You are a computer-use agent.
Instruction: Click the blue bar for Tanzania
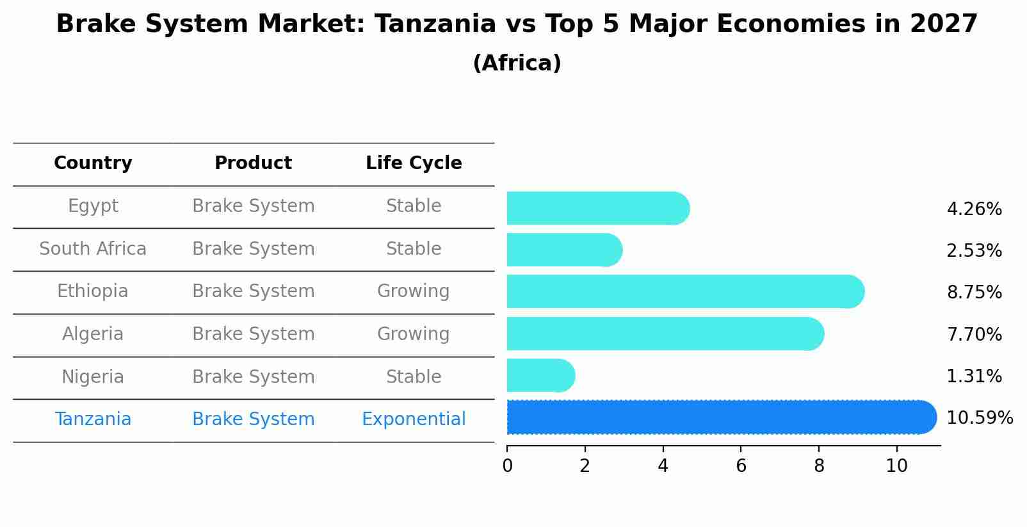pyautogui.click(x=720, y=417)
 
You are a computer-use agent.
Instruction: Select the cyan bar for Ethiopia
pyautogui.click(x=685, y=291)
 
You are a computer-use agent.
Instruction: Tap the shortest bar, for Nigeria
pyautogui.click(x=540, y=375)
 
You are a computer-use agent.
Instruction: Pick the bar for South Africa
pyautogui.click(x=563, y=250)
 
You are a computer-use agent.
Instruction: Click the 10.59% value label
pyautogui.click(x=979, y=418)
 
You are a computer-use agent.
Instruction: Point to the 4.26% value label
pyautogui.click(x=974, y=209)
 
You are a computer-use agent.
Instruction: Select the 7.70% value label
pyautogui.click(x=974, y=334)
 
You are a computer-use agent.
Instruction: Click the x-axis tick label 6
pyautogui.click(x=741, y=466)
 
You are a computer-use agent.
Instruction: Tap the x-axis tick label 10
pyautogui.click(x=896, y=466)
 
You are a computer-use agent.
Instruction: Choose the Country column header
pyautogui.click(x=93, y=163)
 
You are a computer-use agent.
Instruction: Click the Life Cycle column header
pyautogui.click(x=414, y=163)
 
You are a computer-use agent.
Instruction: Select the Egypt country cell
pyautogui.click(x=93, y=206)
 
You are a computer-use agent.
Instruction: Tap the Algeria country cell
pyautogui.click(x=93, y=334)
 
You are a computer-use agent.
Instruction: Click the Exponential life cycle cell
pyautogui.click(x=414, y=419)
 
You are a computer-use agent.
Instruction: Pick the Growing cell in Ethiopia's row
pyautogui.click(x=414, y=291)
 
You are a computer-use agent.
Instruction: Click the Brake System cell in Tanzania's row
pyautogui.click(x=254, y=419)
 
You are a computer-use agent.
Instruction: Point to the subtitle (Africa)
pyautogui.click(x=517, y=63)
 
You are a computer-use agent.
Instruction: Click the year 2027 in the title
pyautogui.click(x=943, y=24)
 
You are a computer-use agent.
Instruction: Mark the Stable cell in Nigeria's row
pyautogui.click(x=414, y=377)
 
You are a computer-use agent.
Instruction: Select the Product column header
pyautogui.click(x=254, y=163)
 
